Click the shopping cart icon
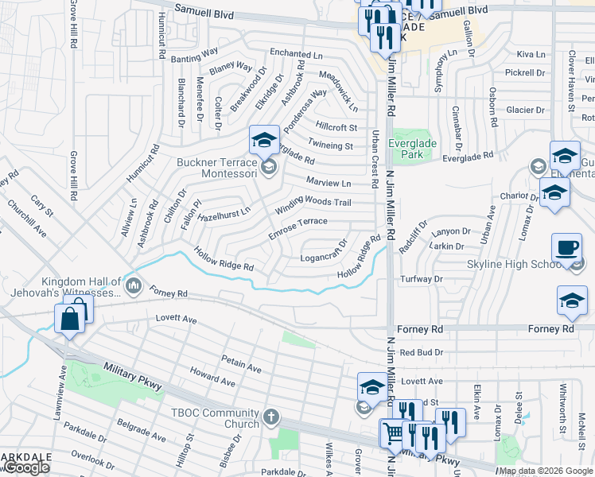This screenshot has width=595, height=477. coord(392,433)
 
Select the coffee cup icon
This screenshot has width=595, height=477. coord(566,246)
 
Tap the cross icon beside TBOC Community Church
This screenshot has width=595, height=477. coord(271,417)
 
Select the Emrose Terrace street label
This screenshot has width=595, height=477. coord(297,227)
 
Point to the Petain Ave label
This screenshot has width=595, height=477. coord(242,363)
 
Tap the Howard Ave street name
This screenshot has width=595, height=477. coord(212,376)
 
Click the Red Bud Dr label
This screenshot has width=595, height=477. coord(421,351)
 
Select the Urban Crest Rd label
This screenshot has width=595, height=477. coord(373,159)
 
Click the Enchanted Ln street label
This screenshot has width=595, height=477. coord(296,53)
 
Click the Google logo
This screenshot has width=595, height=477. coord(26,467)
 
